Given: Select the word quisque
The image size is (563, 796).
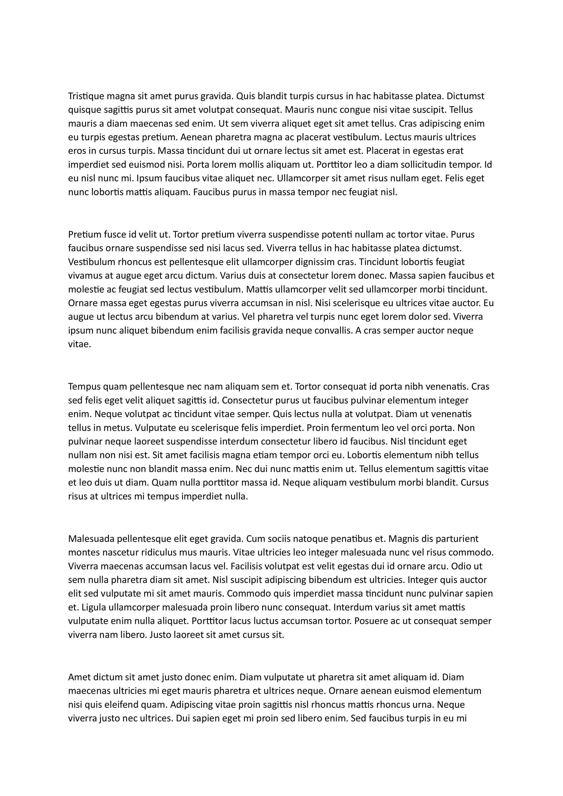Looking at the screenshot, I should [82, 110].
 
